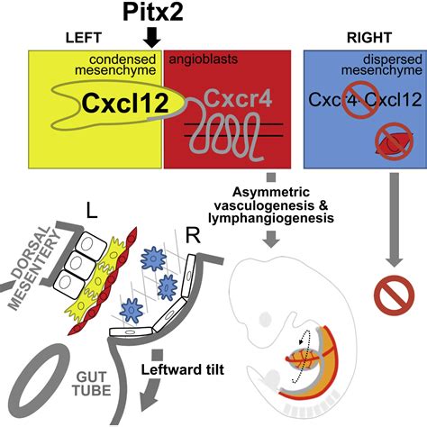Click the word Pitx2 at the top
pos(150,14)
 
